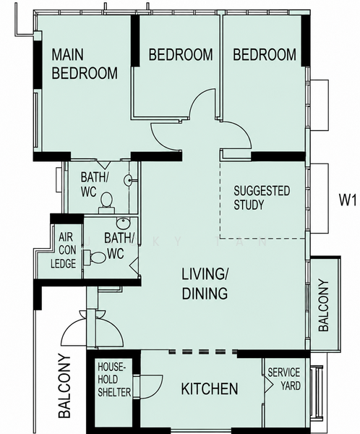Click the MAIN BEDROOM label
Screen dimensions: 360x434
tap(85, 64)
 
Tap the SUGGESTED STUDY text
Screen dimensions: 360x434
tap(262, 198)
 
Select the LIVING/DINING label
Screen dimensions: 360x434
tap(205, 284)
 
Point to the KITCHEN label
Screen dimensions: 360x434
tap(210, 388)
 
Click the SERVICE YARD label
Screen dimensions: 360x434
tap(284, 379)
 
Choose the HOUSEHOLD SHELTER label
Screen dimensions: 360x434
tap(114, 380)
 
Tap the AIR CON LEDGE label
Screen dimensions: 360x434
tap(64, 250)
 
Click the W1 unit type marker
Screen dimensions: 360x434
tap(348, 200)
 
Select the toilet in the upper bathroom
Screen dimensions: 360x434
tap(106, 203)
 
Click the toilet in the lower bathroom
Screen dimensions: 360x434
tap(95, 257)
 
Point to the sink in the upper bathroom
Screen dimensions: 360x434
tap(128, 180)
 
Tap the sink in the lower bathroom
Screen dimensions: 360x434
tap(123, 224)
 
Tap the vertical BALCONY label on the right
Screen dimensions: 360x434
tap(323, 305)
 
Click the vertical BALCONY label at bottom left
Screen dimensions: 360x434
tap(64, 386)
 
